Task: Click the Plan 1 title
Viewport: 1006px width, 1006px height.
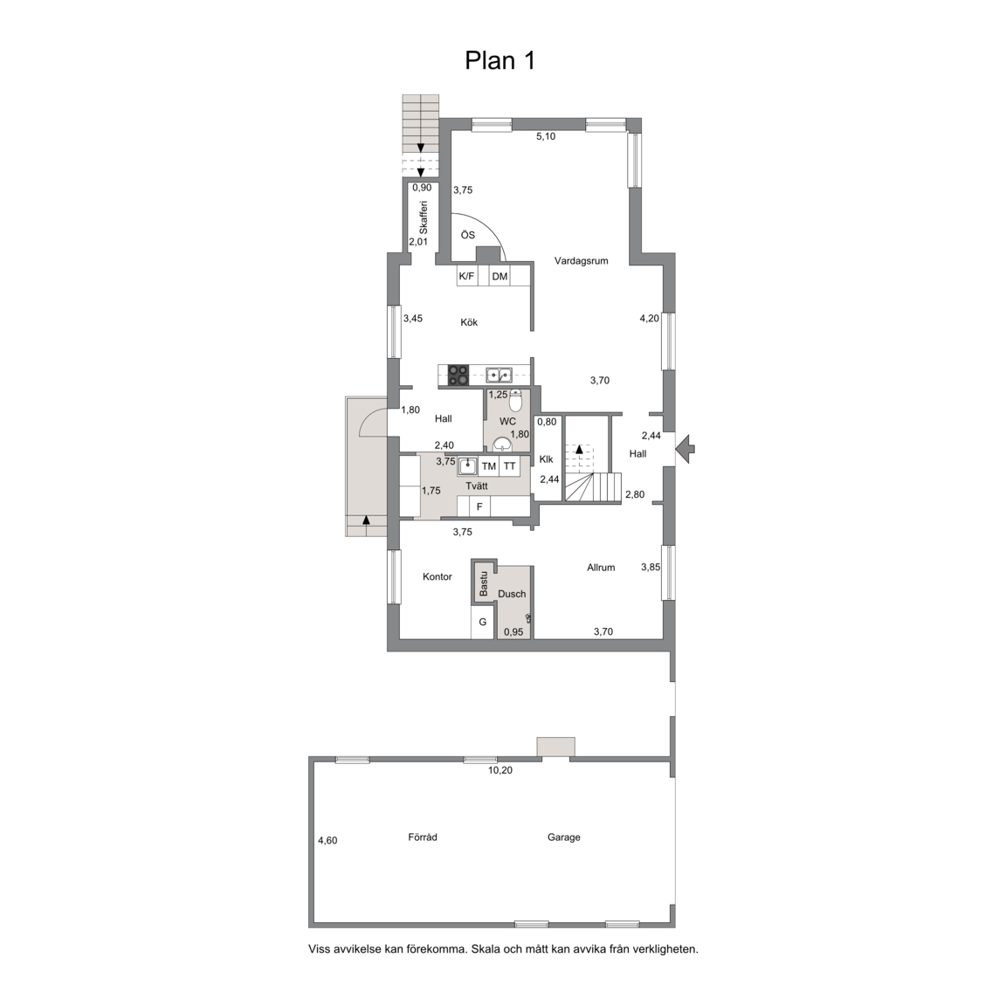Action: click(x=500, y=60)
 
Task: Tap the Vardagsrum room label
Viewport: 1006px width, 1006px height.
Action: click(x=582, y=260)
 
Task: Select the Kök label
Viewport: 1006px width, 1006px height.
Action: click(x=469, y=322)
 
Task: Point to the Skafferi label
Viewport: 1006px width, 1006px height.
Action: click(x=423, y=217)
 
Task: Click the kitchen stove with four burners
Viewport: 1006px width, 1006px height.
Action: click(x=458, y=375)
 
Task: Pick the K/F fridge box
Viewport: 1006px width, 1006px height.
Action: click(x=466, y=277)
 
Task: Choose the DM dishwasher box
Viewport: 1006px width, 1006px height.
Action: click(x=500, y=277)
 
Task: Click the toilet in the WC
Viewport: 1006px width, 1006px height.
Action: click(x=516, y=400)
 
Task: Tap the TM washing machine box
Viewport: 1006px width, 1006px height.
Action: click(x=489, y=466)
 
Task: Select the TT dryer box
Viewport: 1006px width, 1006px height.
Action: click(x=509, y=466)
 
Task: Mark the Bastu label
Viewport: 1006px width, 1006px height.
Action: click(x=484, y=584)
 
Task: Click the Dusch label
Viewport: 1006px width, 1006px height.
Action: click(x=512, y=594)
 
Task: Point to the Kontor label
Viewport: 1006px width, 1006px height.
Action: click(x=438, y=576)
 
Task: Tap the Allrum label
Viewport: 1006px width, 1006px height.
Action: click(x=601, y=567)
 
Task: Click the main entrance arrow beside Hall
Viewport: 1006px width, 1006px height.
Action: click(x=686, y=449)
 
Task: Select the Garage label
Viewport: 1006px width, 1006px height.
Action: click(x=564, y=837)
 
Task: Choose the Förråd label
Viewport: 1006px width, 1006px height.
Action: click(x=423, y=837)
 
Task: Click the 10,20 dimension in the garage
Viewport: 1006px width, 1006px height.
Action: click(x=500, y=770)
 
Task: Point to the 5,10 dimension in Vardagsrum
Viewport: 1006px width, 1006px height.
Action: click(x=546, y=136)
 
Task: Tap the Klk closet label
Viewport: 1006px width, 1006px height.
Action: click(x=547, y=459)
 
